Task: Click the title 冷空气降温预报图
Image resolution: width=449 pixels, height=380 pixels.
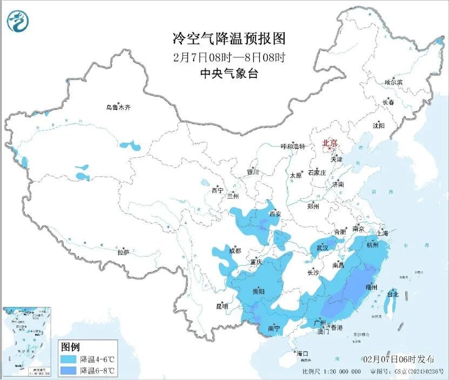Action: pos(229,38)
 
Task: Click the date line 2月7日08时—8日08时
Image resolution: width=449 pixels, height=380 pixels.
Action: pos(229,57)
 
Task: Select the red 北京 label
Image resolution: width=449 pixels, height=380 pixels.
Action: pos(329,143)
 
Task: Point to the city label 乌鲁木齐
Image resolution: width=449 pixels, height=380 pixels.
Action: pos(118,108)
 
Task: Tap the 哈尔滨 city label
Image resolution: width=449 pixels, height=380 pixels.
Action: pos(393,82)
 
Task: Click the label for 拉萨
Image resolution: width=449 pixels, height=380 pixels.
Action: pos(123,252)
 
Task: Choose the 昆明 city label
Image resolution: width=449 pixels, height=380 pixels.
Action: pos(222,306)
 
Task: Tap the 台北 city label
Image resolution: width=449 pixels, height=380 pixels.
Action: pos(393,294)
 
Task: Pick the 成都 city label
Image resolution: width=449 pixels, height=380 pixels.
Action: pos(234,251)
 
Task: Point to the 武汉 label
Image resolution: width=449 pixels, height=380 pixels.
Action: pos(323,247)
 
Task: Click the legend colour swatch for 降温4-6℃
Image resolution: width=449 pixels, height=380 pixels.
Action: pos(68,359)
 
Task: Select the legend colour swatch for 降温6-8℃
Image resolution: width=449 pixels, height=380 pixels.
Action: pos(68,371)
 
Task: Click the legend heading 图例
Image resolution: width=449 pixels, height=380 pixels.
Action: pos(70,347)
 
